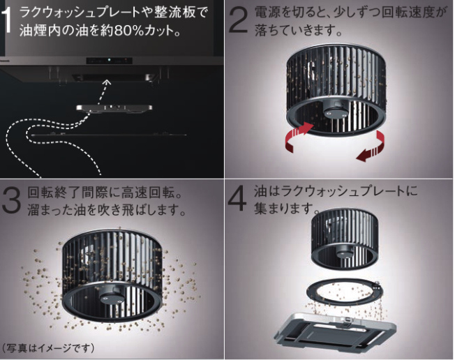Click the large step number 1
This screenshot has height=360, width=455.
6,20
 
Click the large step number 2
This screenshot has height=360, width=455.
239,20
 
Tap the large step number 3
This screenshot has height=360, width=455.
12,200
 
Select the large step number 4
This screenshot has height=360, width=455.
237,200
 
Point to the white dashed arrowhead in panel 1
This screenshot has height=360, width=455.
107,83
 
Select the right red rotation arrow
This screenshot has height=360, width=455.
372,146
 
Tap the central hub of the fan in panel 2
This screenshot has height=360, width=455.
334,112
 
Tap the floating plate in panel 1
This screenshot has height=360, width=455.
114,107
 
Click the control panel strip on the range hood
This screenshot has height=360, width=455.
109,61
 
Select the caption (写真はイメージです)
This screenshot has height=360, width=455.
48,347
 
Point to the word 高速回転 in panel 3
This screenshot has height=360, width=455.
147,193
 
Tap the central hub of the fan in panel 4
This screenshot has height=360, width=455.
345,253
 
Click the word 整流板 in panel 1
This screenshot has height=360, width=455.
173,12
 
